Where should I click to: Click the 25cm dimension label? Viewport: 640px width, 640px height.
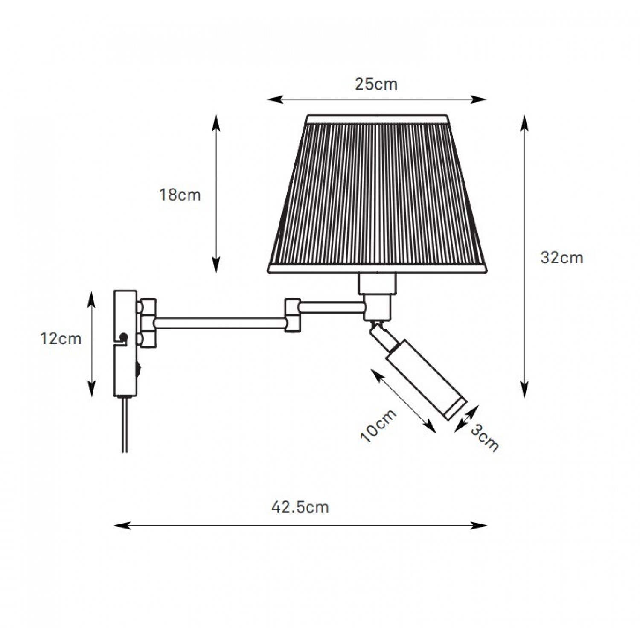tap(376, 84)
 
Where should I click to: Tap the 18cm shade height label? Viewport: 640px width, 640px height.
tap(180, 195)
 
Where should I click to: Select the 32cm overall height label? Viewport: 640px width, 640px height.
tap(561, 258)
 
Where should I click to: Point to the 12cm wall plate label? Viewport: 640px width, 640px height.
tap(60, 339)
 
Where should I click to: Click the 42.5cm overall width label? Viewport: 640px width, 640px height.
tap(300, 507)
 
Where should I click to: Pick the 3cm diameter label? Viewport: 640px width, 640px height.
tap(485, 439)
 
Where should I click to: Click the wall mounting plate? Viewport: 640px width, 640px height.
tap(125, 343)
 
